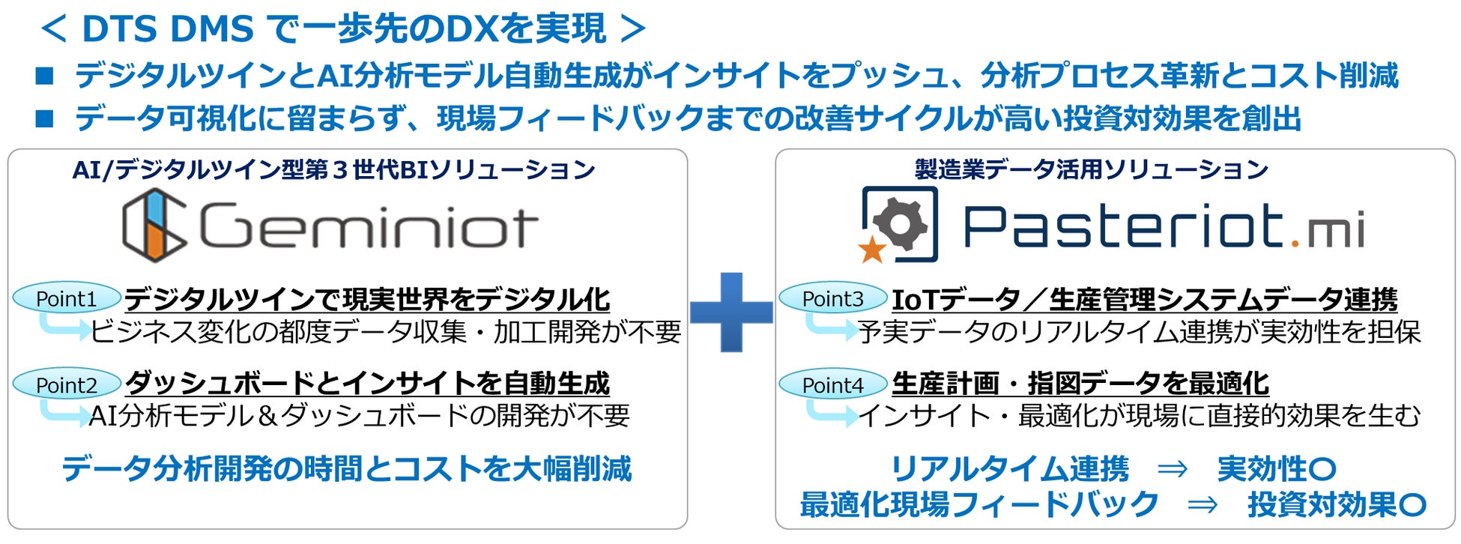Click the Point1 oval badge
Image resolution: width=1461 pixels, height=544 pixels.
[x=67, y=298]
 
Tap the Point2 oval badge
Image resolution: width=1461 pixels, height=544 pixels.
[x=67, y=384]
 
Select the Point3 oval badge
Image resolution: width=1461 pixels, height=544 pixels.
[x=832, y=298]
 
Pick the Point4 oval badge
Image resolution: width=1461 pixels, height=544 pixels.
[x=832, y=384]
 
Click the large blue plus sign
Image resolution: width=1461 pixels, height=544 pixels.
[x=730, y=312]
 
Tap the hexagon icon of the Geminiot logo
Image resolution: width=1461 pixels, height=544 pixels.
[x=154, y=225]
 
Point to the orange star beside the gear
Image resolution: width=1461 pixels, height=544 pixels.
[x=871, y=250]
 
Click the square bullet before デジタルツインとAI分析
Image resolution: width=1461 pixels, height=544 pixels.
[x=45, y=76]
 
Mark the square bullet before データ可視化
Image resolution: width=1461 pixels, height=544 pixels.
[x=45, y=118]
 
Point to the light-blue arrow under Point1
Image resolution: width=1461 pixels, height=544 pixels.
[x=64, y=327]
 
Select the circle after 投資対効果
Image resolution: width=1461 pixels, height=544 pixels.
[x=1412, y=505]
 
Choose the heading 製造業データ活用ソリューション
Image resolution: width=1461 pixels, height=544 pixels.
[x=1092, y=169]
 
